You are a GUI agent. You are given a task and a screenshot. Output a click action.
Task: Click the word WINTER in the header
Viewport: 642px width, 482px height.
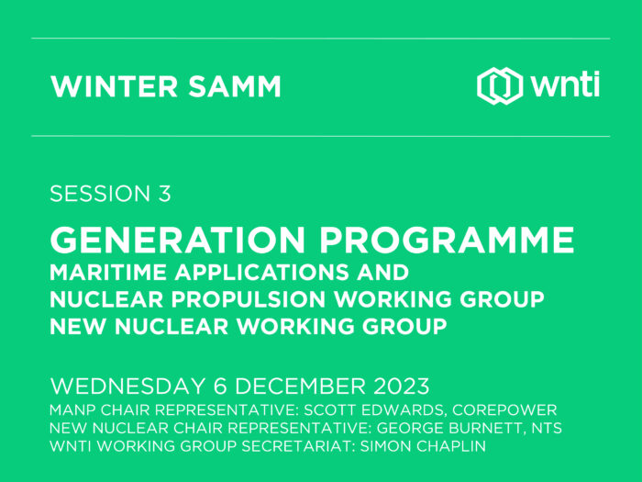(114, 86)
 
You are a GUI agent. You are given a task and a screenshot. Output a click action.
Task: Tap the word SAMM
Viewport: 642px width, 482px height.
(235, 86)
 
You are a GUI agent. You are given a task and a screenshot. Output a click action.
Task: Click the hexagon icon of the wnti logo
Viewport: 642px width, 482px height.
(500, 85)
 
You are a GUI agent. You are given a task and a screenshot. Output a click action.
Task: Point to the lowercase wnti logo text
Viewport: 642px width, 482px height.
(565, 85)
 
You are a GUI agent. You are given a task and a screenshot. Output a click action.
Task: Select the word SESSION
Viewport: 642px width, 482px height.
(100, 194)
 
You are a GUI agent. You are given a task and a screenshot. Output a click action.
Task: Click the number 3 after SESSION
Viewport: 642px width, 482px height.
(164, 194)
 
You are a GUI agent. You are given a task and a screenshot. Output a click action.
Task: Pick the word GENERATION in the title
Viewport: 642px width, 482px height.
(177, 241)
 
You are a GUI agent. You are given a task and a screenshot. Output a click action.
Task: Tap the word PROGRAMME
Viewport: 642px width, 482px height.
(447, 241)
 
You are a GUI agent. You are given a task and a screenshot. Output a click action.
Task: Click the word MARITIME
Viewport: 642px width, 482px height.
(108, 273)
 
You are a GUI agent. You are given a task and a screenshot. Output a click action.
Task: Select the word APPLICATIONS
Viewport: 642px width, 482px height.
(262, 273)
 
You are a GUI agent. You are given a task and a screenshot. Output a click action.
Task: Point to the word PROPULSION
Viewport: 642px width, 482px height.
(249, 299)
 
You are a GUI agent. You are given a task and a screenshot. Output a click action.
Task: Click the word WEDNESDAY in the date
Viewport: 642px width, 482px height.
(127, 387)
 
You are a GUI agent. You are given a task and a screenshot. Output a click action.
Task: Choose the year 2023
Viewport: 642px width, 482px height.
(402, 387)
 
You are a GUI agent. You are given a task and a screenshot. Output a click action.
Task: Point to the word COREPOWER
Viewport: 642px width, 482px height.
(504, 409)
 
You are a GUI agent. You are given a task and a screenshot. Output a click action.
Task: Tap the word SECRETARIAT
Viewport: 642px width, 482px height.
(298, 446)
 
